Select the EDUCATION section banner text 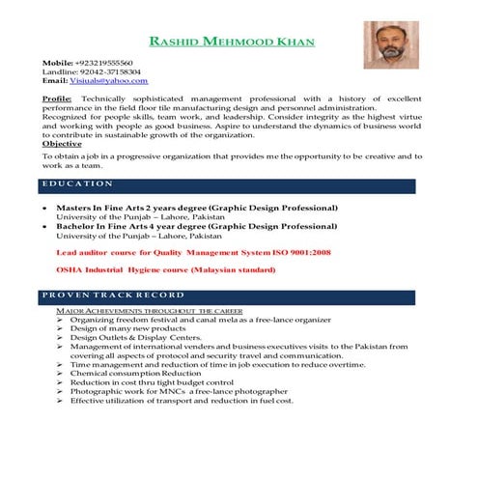79,183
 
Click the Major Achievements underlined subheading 149,312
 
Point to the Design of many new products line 124,329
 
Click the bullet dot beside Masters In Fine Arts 45,208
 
